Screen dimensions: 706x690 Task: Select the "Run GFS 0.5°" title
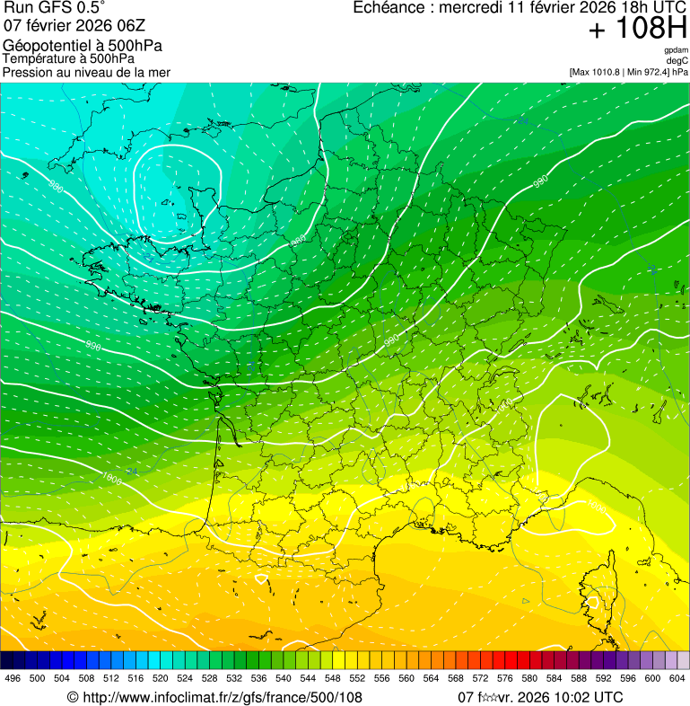coord(55,8)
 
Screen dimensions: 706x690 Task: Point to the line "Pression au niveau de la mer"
coord(86,72)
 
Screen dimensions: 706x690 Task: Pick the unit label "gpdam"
coord(677,50)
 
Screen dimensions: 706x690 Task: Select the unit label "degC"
coord(678,60)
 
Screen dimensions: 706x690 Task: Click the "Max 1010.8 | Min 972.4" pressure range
coord(620,71)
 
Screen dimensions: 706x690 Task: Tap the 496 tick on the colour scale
coord(13,678)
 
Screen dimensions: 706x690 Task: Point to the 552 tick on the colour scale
coord(357,678)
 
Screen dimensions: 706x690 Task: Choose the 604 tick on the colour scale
coord(677,678)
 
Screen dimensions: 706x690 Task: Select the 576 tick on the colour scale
coord(505,678)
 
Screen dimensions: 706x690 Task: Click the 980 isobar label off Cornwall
coord(56,187)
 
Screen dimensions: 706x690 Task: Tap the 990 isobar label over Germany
coord(540,181)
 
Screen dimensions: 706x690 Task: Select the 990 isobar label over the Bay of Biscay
coord(93,345)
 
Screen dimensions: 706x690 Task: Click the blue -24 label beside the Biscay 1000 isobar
coord(132,471)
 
